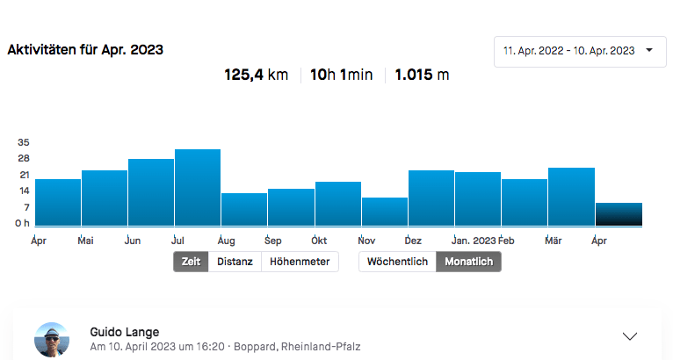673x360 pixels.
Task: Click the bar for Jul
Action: click(198, 188)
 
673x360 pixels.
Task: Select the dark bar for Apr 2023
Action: click(619, 214)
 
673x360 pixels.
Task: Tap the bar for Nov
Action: click(385, 212)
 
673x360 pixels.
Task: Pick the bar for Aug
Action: click(244, 210)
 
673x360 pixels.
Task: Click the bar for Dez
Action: click(431, 198)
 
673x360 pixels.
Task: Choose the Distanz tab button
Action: click(235, 262)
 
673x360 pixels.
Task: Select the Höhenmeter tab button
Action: click(300, 262)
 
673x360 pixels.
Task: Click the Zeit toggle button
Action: click(191, 262)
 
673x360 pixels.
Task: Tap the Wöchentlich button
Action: click(397, 262)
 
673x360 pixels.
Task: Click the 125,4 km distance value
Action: click(257, 76)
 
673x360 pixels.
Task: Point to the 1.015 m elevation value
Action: click(422, 76)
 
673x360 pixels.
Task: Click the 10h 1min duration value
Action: click(342, 76)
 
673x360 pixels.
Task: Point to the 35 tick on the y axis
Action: click(24, 142)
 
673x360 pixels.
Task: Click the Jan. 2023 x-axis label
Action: click(474, 240)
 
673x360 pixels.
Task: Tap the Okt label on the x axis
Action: click(319, 240)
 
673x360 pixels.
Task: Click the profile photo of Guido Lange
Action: click(51, 339)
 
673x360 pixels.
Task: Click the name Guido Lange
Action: click(125, 332)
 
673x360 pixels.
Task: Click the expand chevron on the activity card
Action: click(629, 336)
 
